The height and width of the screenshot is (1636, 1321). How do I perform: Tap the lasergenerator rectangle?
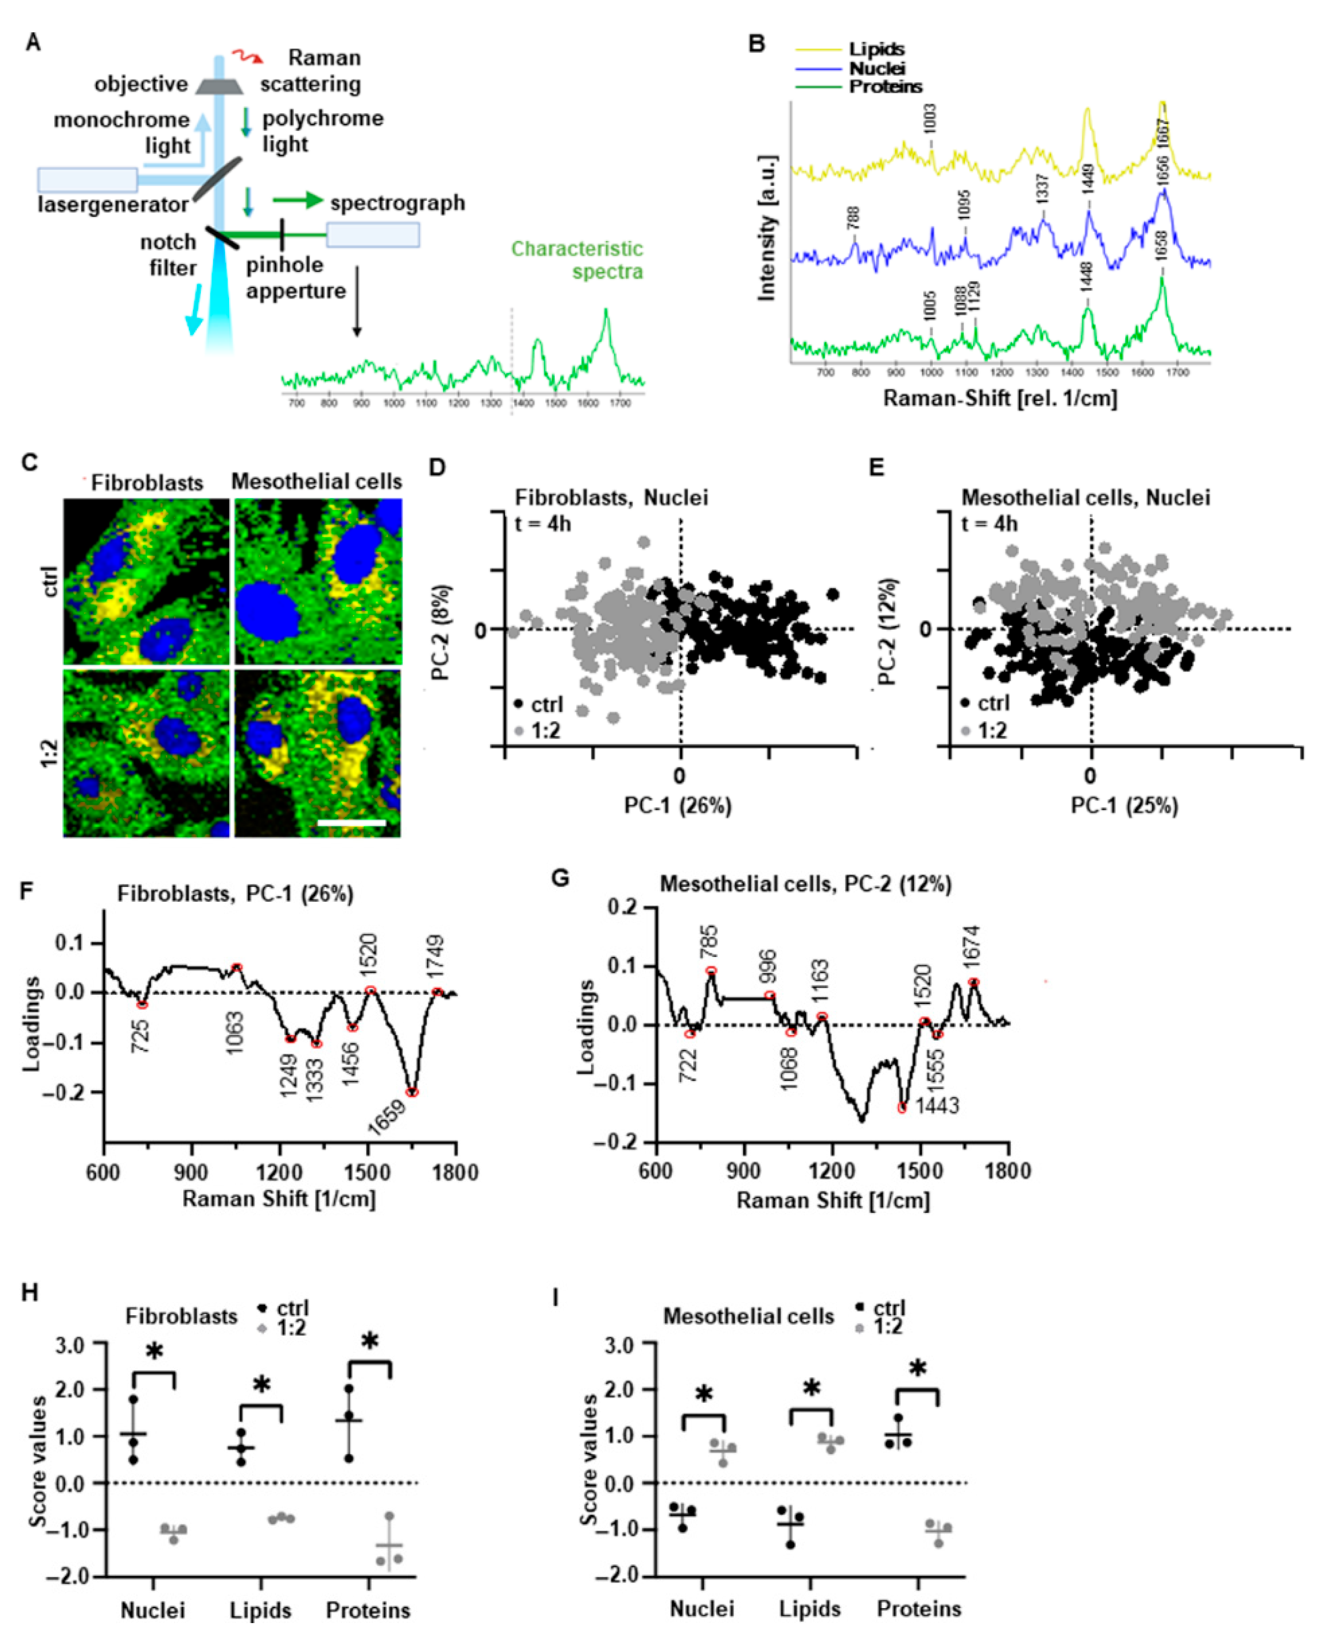pos(87,179)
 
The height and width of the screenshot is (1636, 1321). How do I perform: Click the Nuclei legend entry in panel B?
pos(877,68)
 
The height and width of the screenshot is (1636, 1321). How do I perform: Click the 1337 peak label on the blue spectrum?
pos(1043,188)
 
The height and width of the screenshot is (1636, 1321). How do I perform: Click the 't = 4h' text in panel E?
pos(989,523)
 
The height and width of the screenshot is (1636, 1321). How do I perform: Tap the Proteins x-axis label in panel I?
pos(918,1609)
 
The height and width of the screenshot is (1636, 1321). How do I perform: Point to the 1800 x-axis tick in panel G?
pos(1008,1170)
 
